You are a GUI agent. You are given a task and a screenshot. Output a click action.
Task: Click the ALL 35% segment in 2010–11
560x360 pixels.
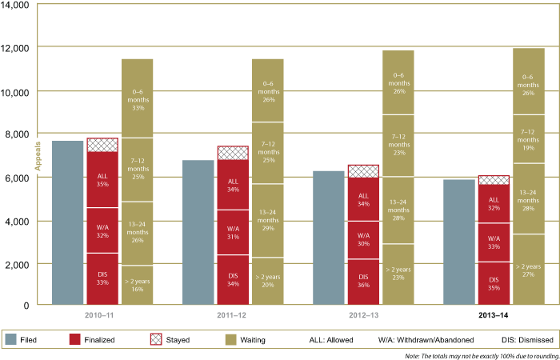(102, 179)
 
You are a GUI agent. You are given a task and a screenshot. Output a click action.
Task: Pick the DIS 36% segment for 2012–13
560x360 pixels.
(363, 282)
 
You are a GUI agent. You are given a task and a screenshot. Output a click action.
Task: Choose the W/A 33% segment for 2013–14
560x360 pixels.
(494, 242)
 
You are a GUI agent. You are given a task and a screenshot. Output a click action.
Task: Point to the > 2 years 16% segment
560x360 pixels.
(137, 285)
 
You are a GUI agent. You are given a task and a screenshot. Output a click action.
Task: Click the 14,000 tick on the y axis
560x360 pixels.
(16, 6)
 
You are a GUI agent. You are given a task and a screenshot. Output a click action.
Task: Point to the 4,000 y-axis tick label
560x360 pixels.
(18, 221)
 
